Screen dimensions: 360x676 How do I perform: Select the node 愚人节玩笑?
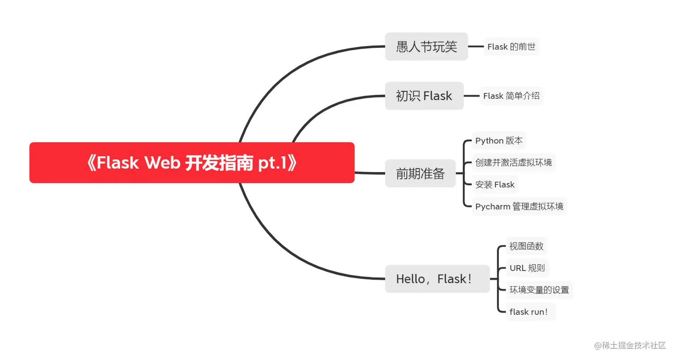(426, 47)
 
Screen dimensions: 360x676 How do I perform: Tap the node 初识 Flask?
(424, 96)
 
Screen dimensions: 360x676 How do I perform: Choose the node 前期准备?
(420, 174)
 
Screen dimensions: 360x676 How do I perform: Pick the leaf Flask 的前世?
(511, 47)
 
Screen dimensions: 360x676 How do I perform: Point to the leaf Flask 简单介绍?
(511, 96)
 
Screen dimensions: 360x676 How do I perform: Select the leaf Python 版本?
(499, 141)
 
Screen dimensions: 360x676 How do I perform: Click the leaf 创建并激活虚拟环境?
(513, 162)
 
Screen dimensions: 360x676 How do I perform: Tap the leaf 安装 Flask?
(494, 185)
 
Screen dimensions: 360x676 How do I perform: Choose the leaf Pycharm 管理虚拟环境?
(519, 207)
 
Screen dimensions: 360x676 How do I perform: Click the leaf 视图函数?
(526, 246)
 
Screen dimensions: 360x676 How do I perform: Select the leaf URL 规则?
(527, 268)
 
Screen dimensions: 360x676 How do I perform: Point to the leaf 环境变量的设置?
(539, 290)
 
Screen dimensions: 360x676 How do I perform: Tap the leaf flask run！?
(528, 312)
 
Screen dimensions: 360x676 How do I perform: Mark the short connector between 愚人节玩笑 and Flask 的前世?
(476, 46)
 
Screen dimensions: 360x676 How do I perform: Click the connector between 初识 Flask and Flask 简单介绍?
(471, 96)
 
